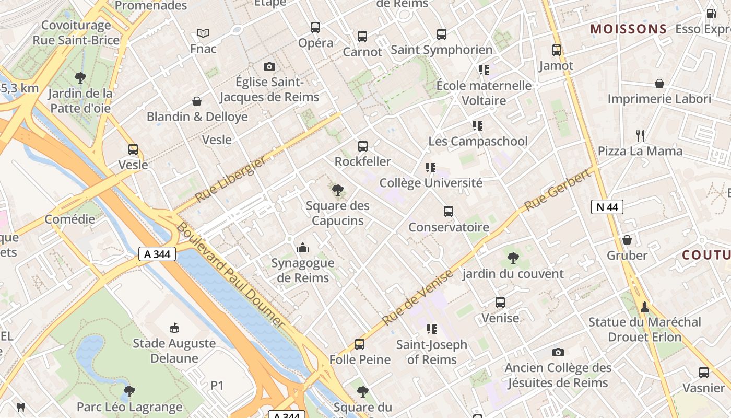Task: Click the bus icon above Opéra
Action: click(x=315, y=28)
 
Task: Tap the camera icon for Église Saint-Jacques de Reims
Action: click(x=269, y=66)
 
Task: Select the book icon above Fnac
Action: click(x=203, y=33)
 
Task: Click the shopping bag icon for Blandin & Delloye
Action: click(x=197, y=101)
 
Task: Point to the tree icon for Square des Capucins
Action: click(x=338, y=190)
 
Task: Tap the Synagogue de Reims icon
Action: click(x=302, y=248)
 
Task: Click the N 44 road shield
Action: click(x=607, y=207)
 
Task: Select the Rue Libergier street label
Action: click(x=230, y=179)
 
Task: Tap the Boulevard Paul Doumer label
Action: click(x=230, y=275)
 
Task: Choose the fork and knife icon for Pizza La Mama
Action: click(x=640, y=136)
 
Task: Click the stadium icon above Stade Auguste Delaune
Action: click(x=174, y=328)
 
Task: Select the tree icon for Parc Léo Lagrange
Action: click(x=129, y=391)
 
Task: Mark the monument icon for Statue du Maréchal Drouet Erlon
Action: click(x=645, y=307)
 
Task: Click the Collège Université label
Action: click(x=431, y=183)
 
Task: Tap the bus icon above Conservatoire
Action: click(x=449, y=212)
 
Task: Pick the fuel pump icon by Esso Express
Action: click(x=711, y=14)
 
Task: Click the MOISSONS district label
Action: click(x=629, y=29)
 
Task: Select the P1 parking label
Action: click(x=217, y=386)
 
